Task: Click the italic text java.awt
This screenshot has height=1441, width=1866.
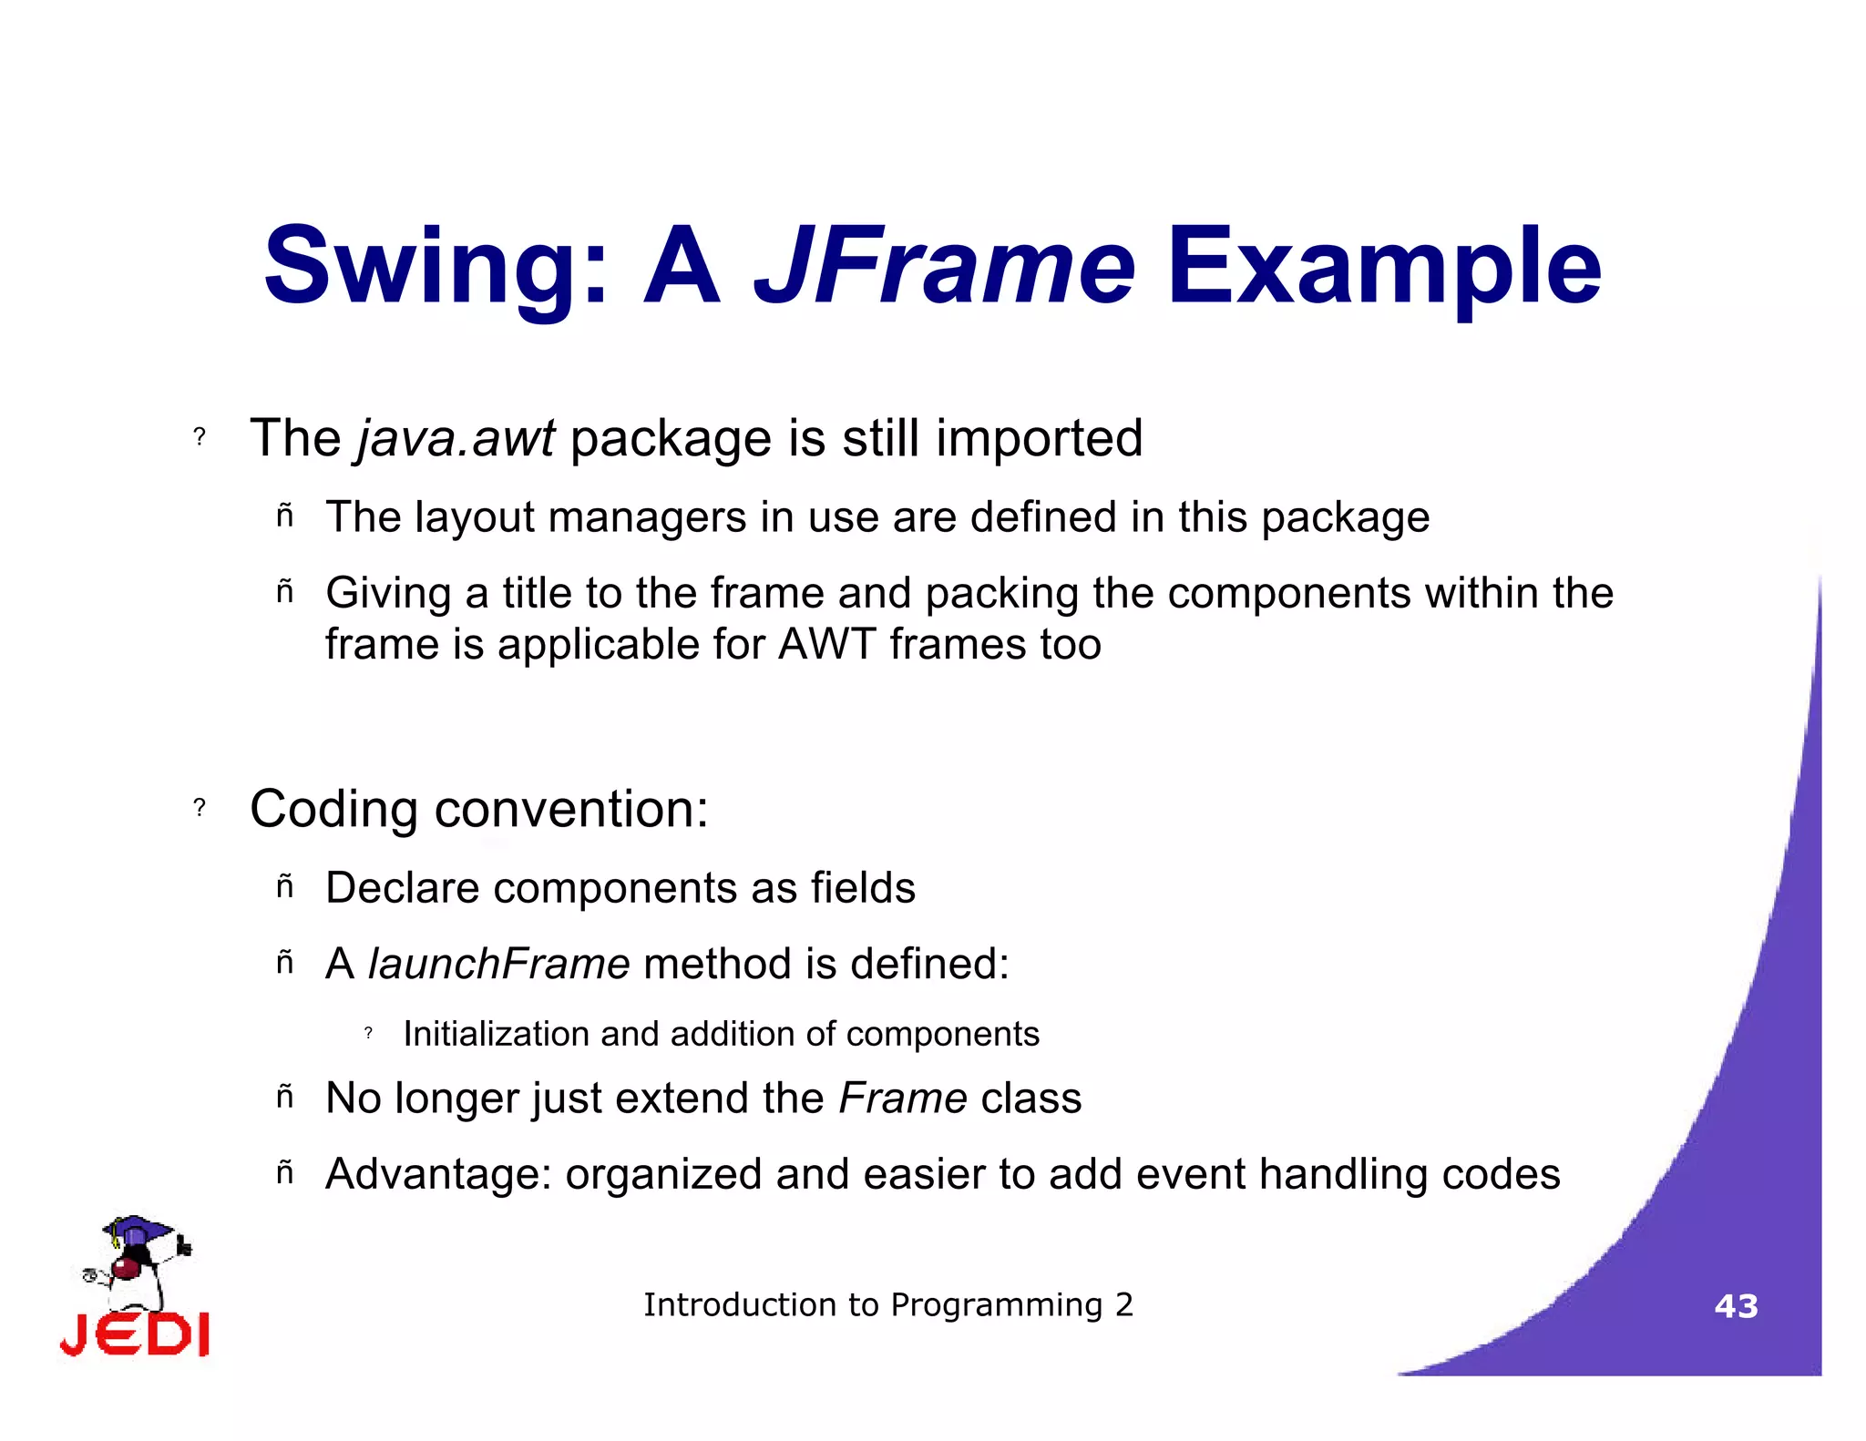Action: point(456,439)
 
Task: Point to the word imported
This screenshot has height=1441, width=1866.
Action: point(1039,439)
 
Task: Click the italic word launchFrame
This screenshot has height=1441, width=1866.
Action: point(498,964)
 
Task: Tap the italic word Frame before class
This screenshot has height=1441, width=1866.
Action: point(902,1098)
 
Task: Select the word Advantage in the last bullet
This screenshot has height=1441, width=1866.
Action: point(438,1174)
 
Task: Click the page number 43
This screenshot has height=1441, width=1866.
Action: point(1736,1306)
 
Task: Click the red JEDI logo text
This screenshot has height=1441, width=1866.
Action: point(135,1334)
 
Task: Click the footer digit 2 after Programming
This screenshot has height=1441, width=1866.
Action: point(1124,1305)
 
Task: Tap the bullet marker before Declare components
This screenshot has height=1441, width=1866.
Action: point(285,885)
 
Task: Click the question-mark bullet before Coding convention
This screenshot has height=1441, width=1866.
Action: point(200,807)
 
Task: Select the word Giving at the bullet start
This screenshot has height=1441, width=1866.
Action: point(388,594)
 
